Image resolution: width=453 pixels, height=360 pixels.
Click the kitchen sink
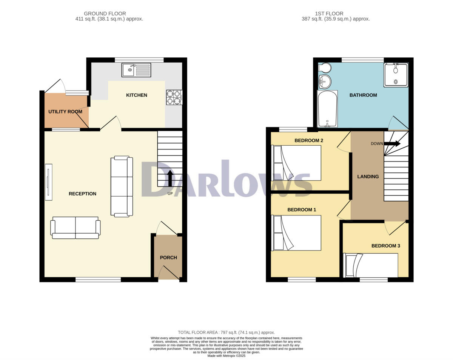tap(136, 70)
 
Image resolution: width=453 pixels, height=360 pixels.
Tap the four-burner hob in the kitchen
tap(174, 97)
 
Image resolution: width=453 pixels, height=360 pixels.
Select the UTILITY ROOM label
tap(65, 112)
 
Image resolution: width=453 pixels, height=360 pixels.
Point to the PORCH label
tap(168, 258)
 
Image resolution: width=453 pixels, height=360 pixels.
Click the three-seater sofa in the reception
tap(122, 186)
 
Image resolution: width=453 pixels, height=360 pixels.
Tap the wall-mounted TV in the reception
tap(48, 182)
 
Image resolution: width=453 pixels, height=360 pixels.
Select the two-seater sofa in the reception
tap(75, 228)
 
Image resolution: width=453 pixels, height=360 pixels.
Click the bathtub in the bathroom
tap(327, 109)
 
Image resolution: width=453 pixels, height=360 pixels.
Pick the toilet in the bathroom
tap(324, 68)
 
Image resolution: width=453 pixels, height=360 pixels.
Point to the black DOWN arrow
tap(392, 143)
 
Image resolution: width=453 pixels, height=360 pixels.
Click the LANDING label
tap(368, 177)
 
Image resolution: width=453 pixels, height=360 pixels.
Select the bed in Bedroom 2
tap(296, 163)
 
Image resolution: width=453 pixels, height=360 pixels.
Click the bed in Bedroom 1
tap(296, 232)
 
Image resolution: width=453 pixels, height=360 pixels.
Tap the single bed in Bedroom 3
tap(371, 265)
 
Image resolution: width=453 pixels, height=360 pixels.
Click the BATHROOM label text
tap(363, 95)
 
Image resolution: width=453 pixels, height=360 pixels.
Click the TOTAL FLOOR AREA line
tap(226, 332)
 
